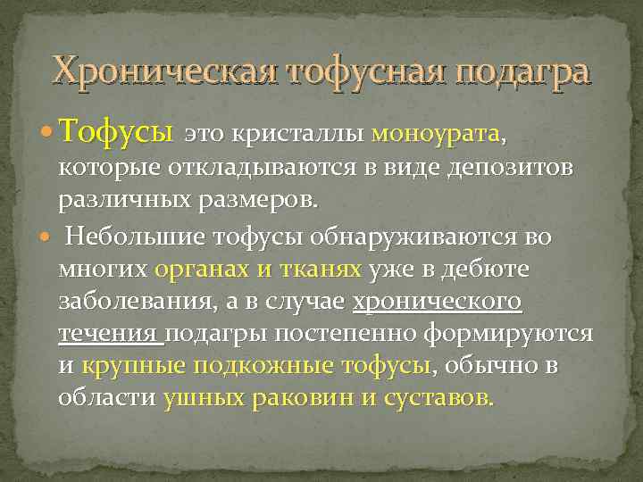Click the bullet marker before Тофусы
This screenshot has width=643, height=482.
pyautogui.click(x=45, y=136)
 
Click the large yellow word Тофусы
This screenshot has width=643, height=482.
pyautogui.click(x=115, y=135)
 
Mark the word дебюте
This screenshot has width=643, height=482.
pyautogui.click(x=488, y=270)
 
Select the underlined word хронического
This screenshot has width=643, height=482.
pyautogui.click(x=438, y=302)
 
